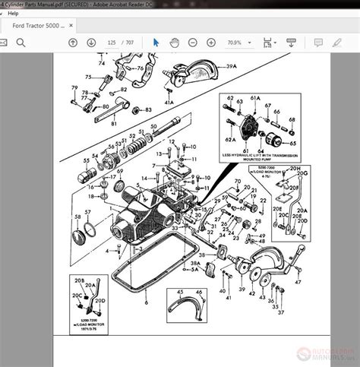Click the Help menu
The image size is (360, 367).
pyautogui.click(x=13, y=13)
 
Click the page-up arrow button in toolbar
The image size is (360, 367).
pyautogui.click(x=72, y=43)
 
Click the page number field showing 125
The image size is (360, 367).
pyautogui.click(x=113, y=43)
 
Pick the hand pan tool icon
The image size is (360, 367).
pyautogui.click(x=174, y=43)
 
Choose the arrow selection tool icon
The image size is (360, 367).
pyautogui.click(x=156, y=43)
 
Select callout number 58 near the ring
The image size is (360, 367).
pyautogui.click(x=76, y=217)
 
